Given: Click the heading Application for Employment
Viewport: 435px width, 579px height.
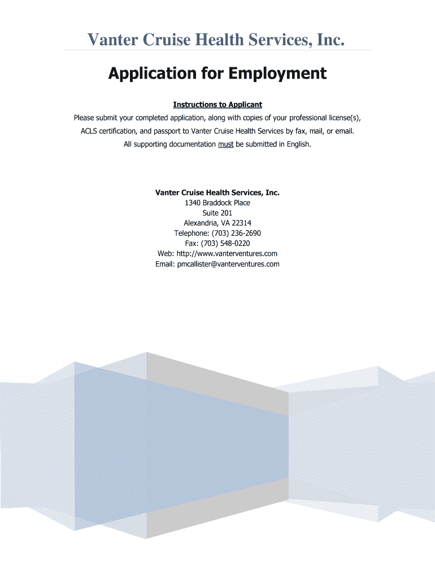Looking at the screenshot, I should [217, 74].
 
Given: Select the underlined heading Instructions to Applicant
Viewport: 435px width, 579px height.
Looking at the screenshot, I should [217, 105].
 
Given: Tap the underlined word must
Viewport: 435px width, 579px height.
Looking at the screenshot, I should [225, 144].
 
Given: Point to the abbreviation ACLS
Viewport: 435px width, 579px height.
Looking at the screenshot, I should [91, 131].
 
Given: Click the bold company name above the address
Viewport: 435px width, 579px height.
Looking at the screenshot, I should [217, 193].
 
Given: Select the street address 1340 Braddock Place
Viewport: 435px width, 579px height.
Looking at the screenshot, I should [217, 203].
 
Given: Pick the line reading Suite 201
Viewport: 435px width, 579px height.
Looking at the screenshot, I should [217, 213].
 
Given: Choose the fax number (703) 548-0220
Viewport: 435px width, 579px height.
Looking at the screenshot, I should [225, 244].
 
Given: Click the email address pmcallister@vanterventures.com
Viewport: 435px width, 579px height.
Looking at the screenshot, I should [228, 264].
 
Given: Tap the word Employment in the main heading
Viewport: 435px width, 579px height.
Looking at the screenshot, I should [277, 74].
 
